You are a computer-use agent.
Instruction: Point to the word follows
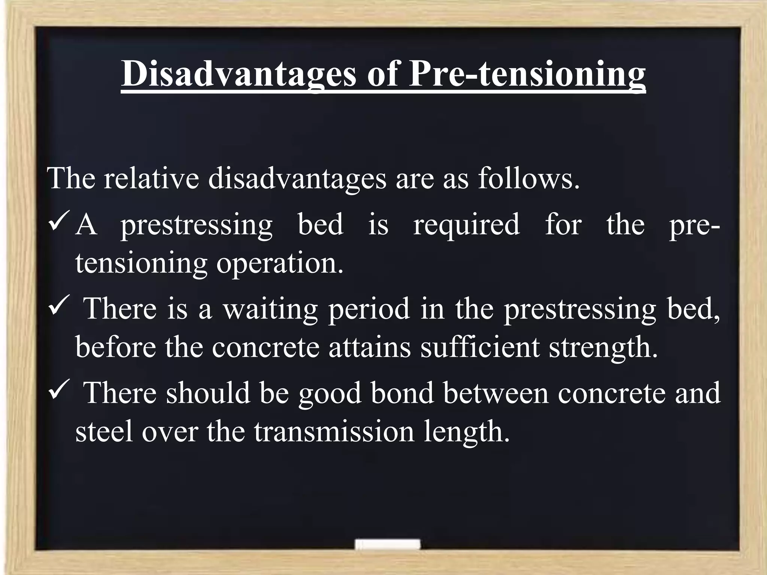528,178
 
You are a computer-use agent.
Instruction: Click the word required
466,225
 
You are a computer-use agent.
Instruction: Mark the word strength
603,347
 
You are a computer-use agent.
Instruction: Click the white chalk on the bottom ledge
388,545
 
